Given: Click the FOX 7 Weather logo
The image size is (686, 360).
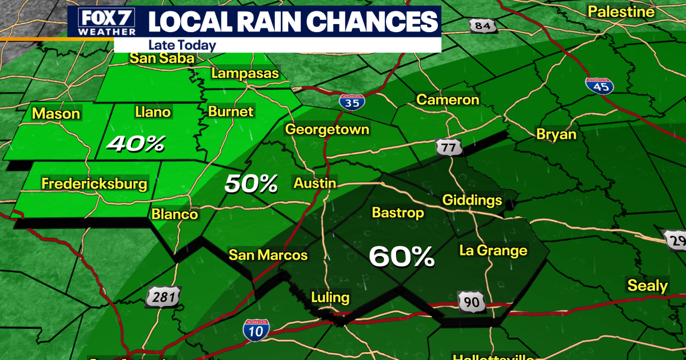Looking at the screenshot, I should click(102, 22).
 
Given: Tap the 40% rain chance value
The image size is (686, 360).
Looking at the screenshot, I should click(136, 144).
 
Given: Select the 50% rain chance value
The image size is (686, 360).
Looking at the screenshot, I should click(251, 183).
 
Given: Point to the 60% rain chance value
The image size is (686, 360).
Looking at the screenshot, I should click(401, 257).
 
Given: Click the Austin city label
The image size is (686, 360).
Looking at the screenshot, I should click(314, 183).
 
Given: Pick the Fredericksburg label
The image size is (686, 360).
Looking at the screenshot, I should click(94, 184).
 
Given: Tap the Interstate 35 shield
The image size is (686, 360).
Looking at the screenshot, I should click(350, 102).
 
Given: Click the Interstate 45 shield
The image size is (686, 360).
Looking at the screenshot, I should click(599, 85).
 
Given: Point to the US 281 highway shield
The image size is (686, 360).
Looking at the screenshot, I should click(164, 297).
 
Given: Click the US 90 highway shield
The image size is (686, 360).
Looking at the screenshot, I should click(472, 300).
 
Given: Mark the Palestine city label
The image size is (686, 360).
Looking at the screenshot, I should click(621, 11).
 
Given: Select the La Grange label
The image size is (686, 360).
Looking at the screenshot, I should click(493, 250).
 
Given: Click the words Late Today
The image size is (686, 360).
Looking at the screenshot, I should click(182, 45).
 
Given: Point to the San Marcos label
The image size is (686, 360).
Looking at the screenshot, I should click(268, 255).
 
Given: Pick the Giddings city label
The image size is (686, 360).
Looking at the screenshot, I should click(472, 201).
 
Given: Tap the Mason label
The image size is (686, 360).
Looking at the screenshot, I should click(56, 114).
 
